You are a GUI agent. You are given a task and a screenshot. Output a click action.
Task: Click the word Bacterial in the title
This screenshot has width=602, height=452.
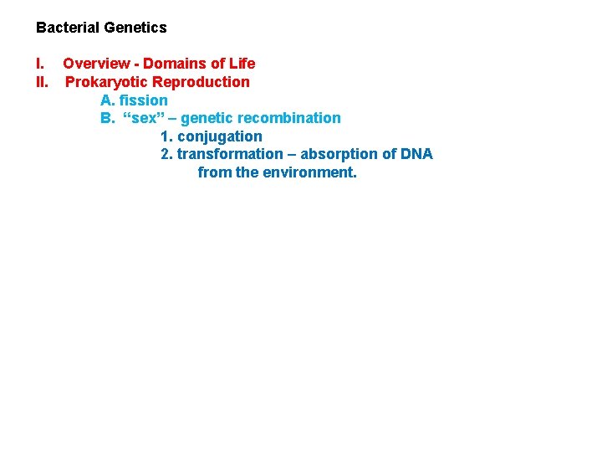pos(68,28)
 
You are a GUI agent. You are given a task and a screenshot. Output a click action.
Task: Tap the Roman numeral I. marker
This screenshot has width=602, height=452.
pos(39,64)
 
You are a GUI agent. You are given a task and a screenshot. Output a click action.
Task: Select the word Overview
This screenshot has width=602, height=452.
pos(96,64)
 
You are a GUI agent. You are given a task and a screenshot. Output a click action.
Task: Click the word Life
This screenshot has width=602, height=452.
pos(242,64)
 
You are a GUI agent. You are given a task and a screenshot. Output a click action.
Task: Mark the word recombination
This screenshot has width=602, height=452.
pos(290,118)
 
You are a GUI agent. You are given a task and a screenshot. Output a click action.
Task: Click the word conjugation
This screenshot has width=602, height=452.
pos(220,136)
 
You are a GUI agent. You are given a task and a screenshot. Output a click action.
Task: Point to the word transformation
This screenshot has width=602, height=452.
pos(230,154)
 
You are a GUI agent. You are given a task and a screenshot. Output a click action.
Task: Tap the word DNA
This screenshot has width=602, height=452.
pos(416,154)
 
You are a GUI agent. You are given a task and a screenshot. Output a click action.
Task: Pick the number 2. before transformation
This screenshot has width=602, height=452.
pos(166,154)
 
